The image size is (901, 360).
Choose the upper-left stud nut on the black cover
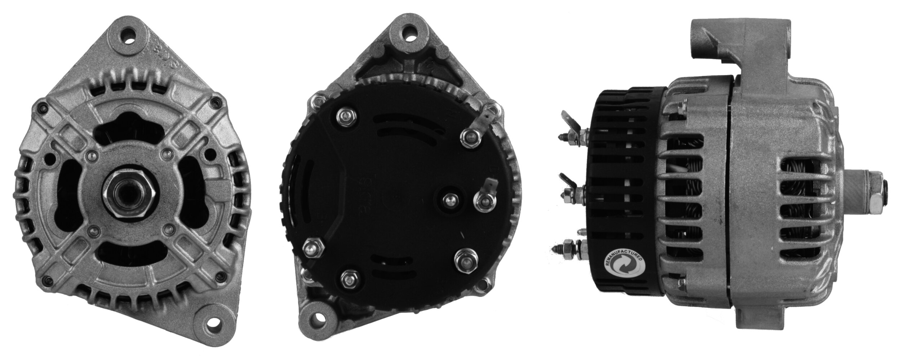346,117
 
